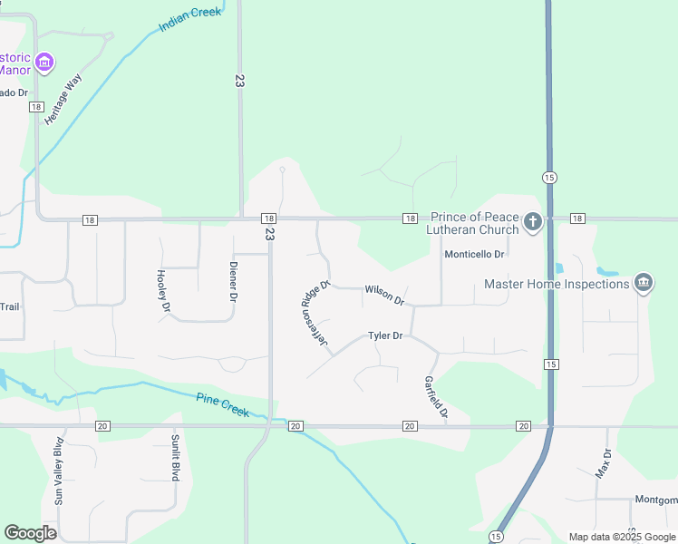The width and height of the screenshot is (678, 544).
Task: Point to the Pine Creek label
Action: (x=223, y=404)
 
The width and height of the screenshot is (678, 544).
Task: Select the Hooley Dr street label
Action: (x=163, y=291)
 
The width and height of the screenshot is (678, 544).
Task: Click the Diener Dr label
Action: (x=233, y=282)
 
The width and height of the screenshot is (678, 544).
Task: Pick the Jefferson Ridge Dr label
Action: (x=315, y=317)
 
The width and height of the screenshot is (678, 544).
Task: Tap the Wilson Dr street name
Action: (x=384, y=294)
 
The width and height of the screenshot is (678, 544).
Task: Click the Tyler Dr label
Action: (x=385, y=335)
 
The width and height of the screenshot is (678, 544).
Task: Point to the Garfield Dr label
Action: (x=436, y=397)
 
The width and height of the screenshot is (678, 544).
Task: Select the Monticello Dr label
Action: (x=473, y=255)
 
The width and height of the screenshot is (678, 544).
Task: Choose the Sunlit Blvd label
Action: (x=175, y=458)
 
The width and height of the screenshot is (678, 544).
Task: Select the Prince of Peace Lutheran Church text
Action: (x=474, y=223)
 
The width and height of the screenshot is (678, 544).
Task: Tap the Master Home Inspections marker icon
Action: (x=644, y=283)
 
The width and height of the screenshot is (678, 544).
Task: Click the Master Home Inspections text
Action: (x=557, y=284)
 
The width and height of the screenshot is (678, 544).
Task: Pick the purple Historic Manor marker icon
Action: (x=44, y=63)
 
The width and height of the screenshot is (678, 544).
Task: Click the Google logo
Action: (x=30, y=533)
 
